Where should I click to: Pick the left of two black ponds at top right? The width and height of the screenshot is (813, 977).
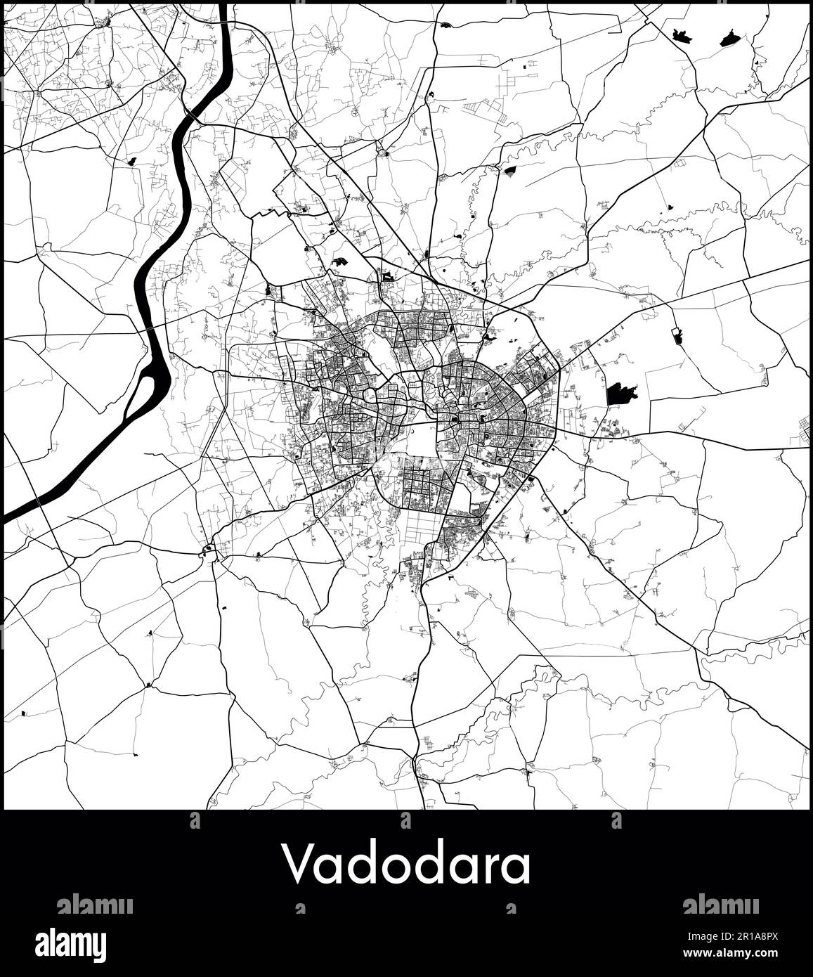(680, 34)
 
